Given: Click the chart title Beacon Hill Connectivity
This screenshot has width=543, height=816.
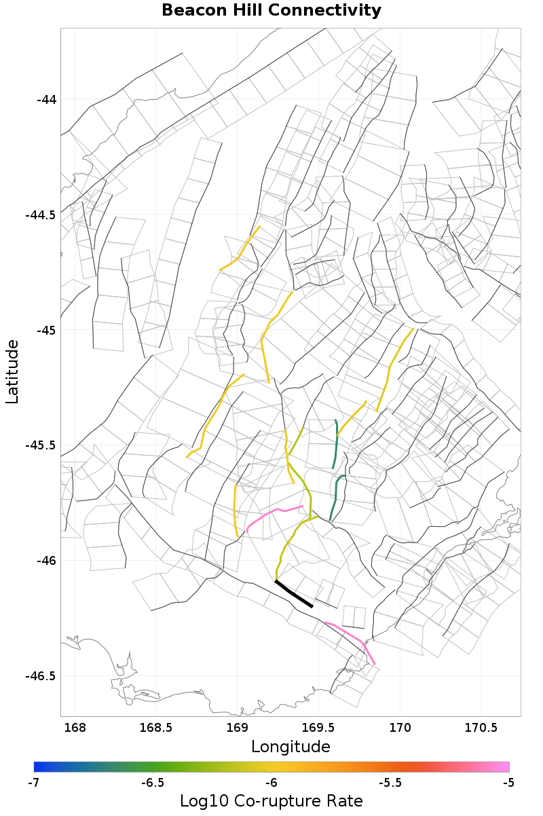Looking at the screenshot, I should coord(271,11).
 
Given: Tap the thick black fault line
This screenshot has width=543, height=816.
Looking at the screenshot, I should coord(293,594).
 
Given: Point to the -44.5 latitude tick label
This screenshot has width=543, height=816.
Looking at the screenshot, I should coord(41,215).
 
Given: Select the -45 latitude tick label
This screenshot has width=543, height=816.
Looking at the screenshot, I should coord(46,331).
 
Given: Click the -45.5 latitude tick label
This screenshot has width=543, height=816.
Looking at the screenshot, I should coord(41,445).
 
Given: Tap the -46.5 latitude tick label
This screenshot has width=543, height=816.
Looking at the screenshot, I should coord(41,676).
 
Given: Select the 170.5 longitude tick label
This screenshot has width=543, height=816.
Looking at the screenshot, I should coord(481,728).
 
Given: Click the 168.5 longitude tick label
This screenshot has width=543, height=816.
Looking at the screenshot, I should coord(155,728).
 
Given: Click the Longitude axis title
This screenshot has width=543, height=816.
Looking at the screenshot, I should coord(291,747).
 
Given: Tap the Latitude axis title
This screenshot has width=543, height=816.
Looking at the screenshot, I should coord(12,372).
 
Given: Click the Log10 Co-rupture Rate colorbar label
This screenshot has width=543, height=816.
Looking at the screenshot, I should coord(271,800).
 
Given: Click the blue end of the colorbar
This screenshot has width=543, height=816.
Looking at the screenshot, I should coord(37,767).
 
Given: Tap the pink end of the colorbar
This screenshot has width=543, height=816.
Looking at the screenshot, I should coord(505,767).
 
